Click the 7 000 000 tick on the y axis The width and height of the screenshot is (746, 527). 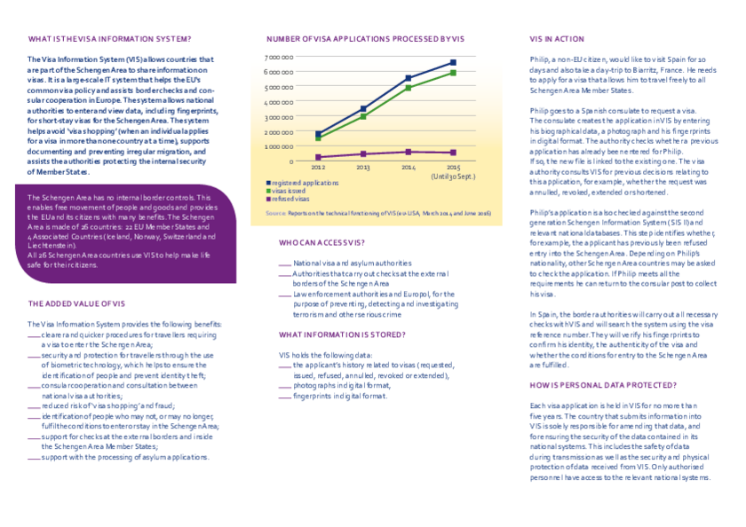coord(280,57)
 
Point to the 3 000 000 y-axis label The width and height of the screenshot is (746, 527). coord(280,116)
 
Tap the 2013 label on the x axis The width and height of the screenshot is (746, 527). coord(363,167)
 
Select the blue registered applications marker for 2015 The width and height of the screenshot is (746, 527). coord(453,63)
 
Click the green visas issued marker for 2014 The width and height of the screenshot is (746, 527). coord(409,88)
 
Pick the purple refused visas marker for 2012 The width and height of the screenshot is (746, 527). coord(318,157)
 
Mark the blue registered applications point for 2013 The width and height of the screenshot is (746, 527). coord(363,108)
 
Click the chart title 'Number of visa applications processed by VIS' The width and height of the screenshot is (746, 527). coord(365,39)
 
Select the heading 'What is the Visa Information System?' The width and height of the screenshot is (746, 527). coord(109,39)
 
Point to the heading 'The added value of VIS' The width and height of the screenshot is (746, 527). coord(77,303)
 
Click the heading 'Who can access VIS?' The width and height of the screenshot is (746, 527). coord(321,242)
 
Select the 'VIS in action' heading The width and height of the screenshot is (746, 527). coord(557,39)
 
